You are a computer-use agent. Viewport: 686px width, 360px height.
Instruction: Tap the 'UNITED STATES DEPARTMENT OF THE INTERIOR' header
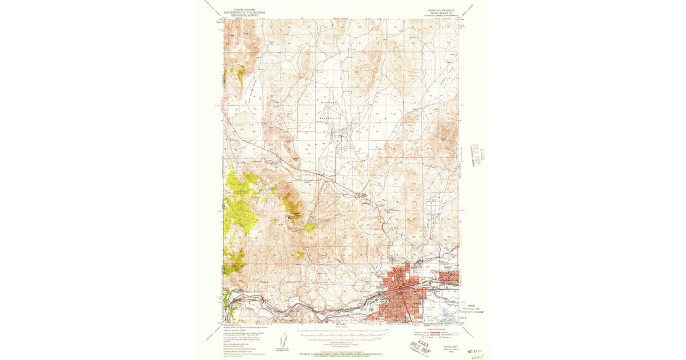point(245,12)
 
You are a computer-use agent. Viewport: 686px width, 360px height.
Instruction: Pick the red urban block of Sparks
point(450,277)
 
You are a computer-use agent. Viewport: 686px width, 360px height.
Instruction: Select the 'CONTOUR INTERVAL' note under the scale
point(343,341)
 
